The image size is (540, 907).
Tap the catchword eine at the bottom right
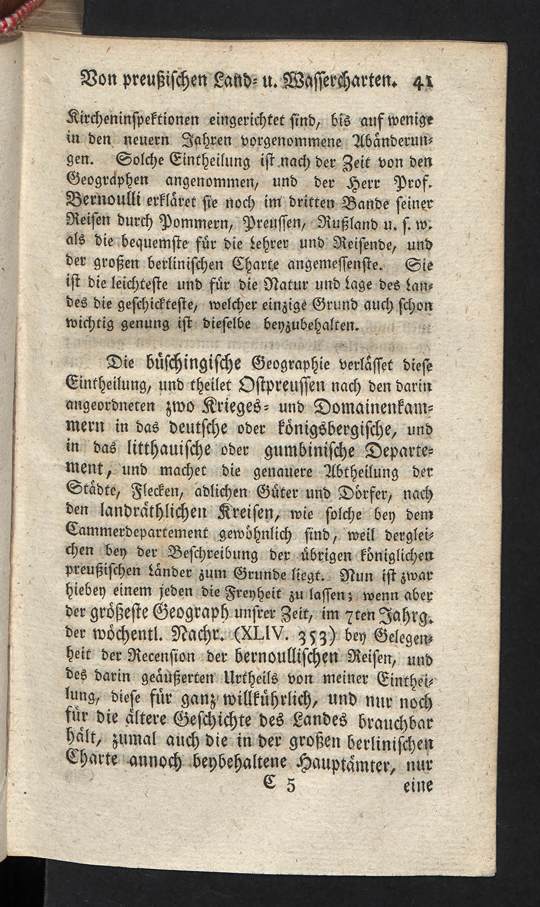tap(418, 786)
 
